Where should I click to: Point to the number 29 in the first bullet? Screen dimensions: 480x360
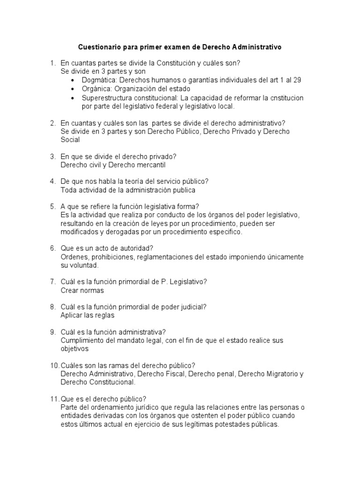(x=297, y=80)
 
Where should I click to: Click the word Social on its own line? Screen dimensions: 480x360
(x=70, y=140)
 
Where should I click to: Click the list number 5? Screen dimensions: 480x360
(x=52, y=207)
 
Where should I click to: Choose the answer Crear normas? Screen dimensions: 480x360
(x=82, y=291)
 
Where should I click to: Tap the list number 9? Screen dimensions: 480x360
(x=52, y=332)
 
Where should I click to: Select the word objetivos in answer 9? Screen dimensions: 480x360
(x=75, y=349)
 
